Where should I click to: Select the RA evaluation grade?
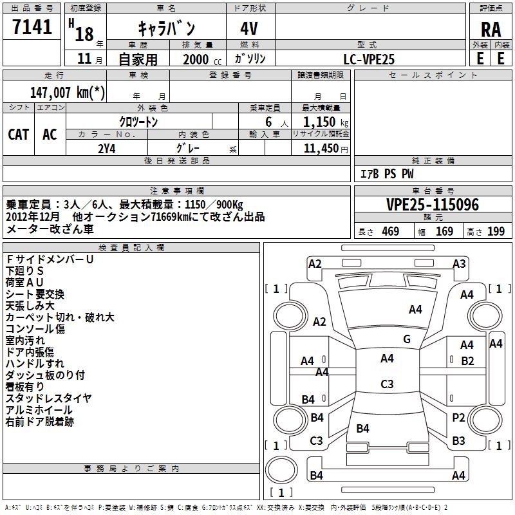pyautogui.click(x=491, y=30)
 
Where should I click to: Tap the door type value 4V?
pyautogui.click(x=250, y=28)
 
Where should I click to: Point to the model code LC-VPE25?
pyautogui.click(x=369, y=59)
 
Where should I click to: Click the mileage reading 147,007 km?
pyautogui.click(x=67, y=92)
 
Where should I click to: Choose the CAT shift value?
pyautogui.click(x=18, y=134)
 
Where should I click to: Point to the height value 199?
pyautogui.click(x=496, y=232)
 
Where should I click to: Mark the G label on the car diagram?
pyautogui.click(x=407, y=339)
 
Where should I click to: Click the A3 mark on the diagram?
pyautogui.click(x=459, y=263)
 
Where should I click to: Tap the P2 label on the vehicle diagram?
pyautogui.click(x=458, y=418)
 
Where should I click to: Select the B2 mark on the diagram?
pyautogui.click(x=467, y=360)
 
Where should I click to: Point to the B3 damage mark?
pyautogui.click(x=458, y=441)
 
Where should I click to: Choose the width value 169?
pyautogui.click(x=444, y=232)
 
